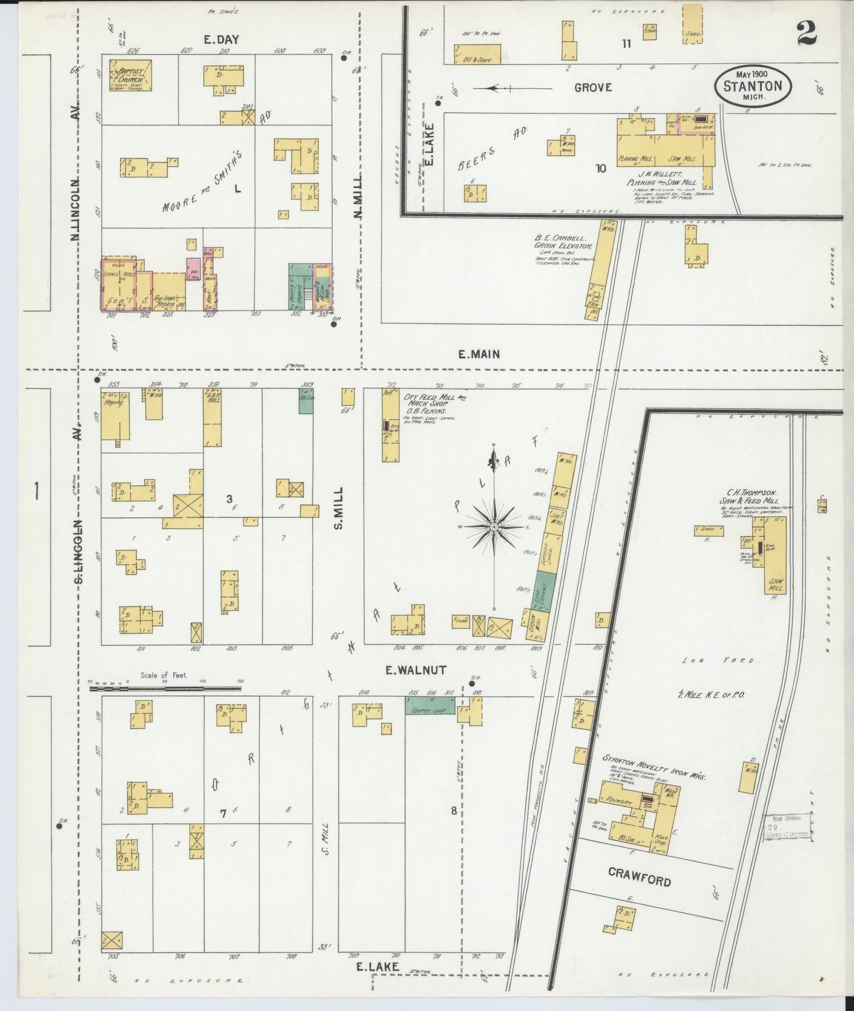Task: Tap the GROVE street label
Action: [593, 88]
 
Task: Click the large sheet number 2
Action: [807, 33]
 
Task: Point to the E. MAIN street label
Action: [479, 354]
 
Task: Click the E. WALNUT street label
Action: [415, 670]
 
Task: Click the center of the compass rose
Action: [493, 526]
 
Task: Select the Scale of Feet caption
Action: [164, 675]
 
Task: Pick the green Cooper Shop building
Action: [430, 705]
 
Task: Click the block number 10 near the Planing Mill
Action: [600, 168]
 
